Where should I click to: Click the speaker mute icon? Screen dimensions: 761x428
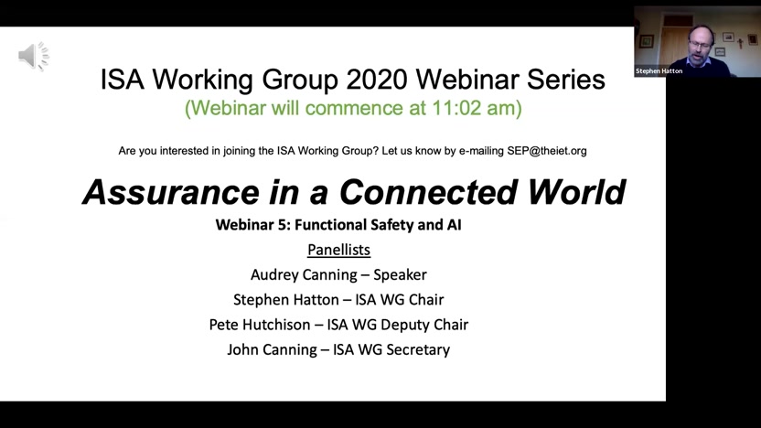[34, 56]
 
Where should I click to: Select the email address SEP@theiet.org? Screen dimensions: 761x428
[547, 151]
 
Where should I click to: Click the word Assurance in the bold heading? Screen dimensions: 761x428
[171, 192]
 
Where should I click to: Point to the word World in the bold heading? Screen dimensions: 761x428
[576, 192]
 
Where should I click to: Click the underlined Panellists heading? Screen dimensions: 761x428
[338, 250]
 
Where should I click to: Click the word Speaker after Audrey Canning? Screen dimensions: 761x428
[400, 274]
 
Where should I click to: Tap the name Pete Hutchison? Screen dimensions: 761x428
[260, 325]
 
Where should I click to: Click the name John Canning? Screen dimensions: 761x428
[272, 350]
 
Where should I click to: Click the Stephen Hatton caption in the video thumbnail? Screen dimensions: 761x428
[659, 70]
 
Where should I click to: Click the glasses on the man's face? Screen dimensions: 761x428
[701, 45]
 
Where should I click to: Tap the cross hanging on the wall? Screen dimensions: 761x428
[740, 43]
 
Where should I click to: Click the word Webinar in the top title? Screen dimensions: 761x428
[466, 79]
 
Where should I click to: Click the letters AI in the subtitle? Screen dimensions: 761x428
[455, 225]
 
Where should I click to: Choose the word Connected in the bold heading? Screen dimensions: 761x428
[428, 192]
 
